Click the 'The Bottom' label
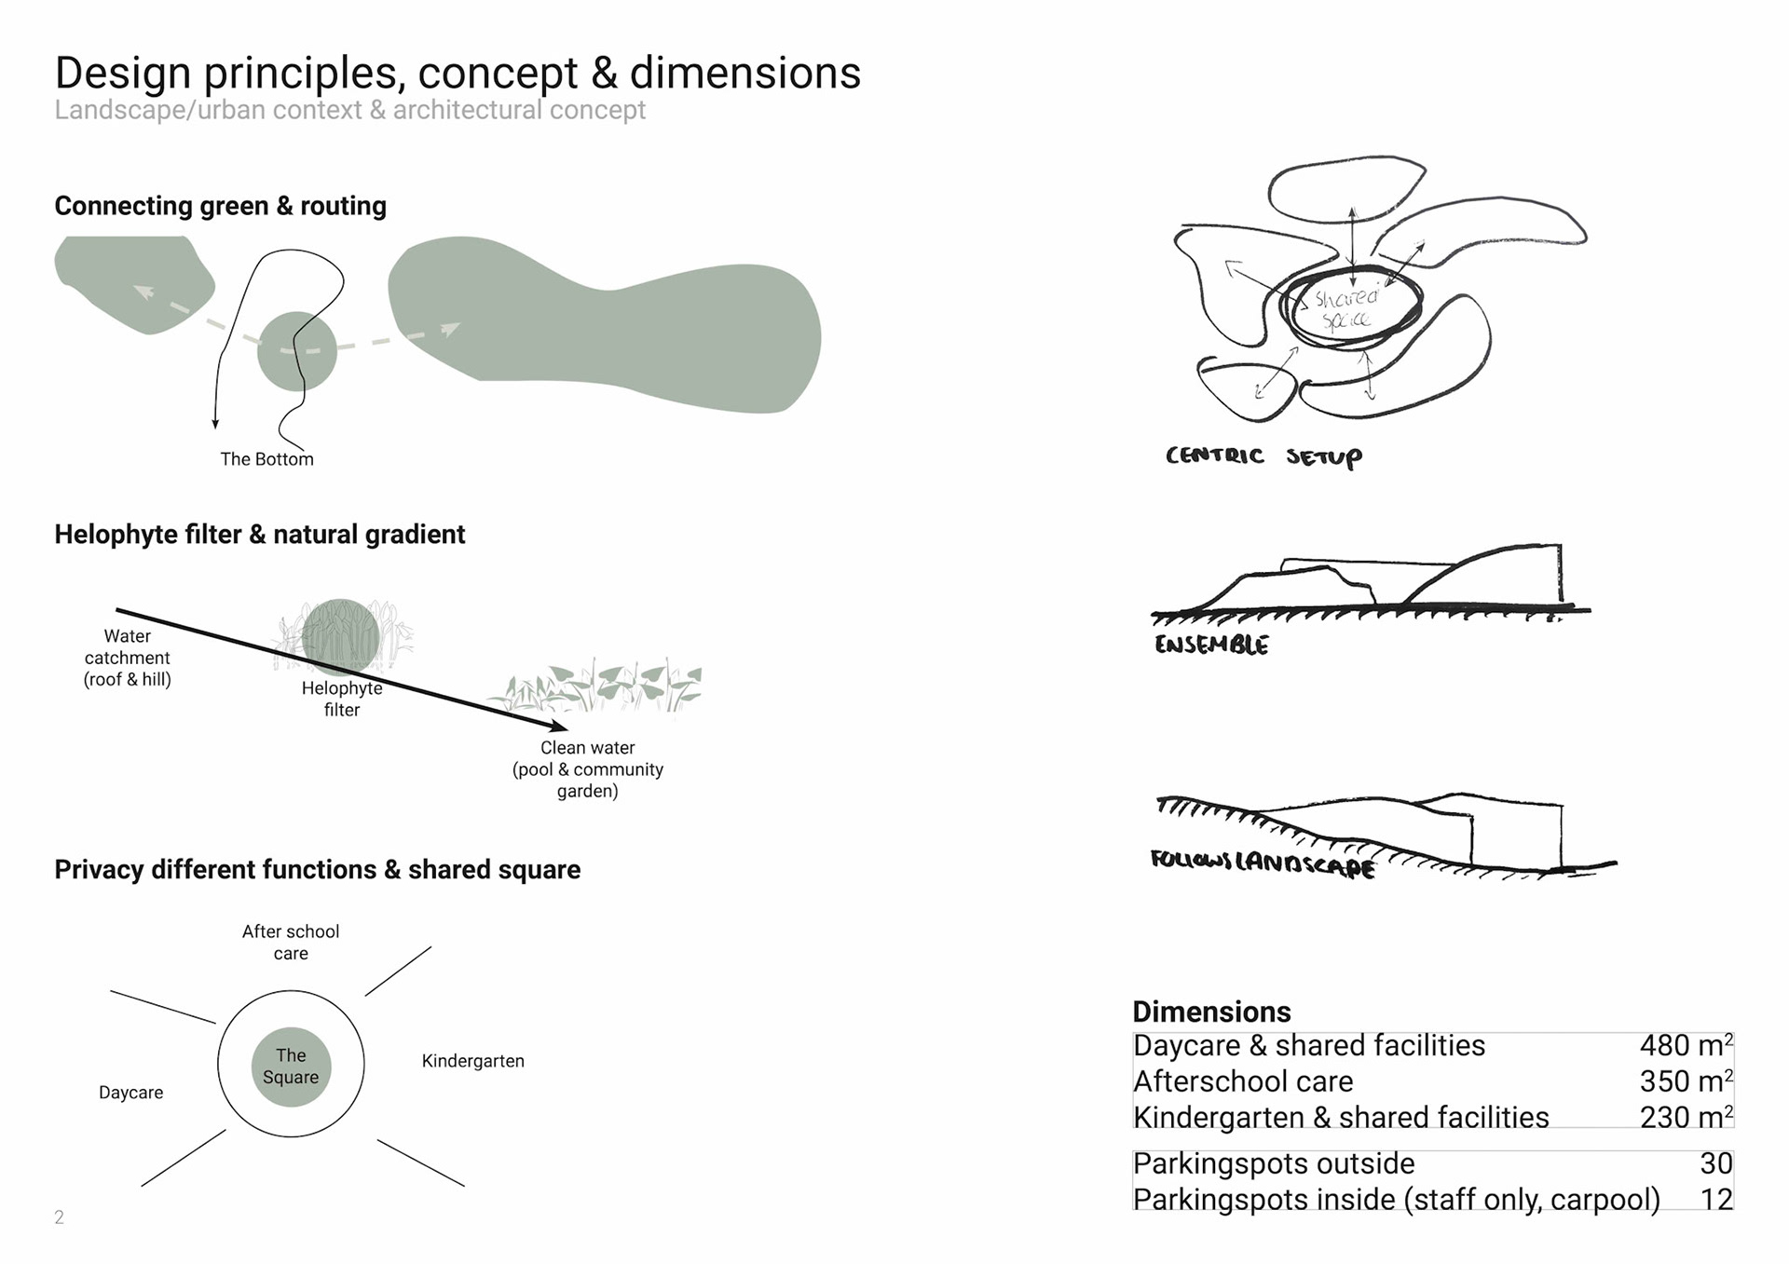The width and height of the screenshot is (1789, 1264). tap(266, 459)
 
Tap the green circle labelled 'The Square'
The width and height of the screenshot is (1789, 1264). tap(291, 1067)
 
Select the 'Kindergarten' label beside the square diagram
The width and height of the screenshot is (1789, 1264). tap(473, 1061)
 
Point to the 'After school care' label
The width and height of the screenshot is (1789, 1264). tap(291, 942)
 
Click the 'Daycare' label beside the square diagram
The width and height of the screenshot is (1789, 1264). tap(130, 1093)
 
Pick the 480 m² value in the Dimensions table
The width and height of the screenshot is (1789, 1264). tap(1686, 1045)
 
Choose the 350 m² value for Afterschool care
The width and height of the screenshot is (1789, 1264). tap(1686, 1081)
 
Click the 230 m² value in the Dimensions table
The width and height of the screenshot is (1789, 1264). tap(1686, 1117)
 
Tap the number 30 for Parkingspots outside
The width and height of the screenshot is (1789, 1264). tap(1716, 1163)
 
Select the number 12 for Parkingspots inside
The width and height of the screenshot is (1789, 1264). tap(1716, 1200)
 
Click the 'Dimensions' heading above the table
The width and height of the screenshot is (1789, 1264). tap(1211, 1012)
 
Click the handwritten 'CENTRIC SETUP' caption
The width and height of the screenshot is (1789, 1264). tap(1263, 456)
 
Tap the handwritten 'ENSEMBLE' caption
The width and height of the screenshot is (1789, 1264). tap(1211, 645)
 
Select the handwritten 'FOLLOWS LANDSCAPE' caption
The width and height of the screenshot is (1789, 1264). tap(1263, 863)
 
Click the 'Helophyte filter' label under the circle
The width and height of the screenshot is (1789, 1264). tap(342, 699)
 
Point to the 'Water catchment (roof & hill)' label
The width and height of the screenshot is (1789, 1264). tap(128, 658)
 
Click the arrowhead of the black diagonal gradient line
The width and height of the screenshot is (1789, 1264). tap(562, 727)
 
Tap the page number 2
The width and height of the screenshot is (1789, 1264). tap(60, 1217)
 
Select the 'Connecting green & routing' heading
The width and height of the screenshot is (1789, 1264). tap(220, 206)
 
